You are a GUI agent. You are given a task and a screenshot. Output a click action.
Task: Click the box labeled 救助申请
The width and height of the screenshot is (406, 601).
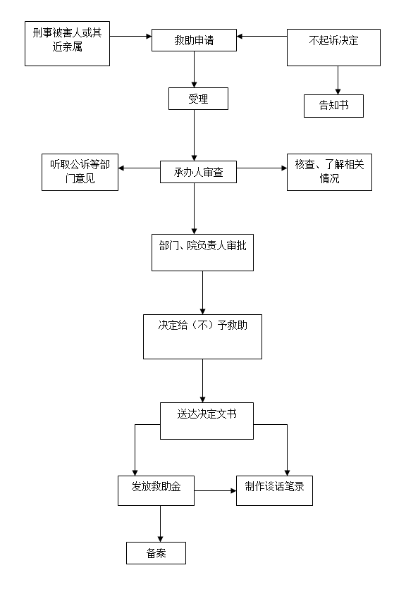194,40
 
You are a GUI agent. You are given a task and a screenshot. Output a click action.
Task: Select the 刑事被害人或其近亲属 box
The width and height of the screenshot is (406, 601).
67,44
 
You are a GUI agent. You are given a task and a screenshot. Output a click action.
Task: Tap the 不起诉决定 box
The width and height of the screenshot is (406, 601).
333,47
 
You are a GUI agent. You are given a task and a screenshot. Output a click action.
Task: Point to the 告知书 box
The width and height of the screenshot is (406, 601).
333,106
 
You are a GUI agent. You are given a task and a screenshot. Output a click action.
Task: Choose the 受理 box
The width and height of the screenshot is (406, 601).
198,99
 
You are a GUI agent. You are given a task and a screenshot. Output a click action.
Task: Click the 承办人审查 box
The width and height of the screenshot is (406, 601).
198,172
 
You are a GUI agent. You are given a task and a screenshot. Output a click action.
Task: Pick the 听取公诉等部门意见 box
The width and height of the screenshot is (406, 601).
80,172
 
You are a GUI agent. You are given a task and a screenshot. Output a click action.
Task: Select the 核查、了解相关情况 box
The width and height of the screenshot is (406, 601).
329,172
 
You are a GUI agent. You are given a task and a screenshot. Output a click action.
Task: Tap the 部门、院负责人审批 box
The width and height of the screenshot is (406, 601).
202,252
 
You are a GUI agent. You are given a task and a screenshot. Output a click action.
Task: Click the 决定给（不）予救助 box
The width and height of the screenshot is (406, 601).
202,337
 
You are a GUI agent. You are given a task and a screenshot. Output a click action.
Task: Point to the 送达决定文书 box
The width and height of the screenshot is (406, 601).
207,421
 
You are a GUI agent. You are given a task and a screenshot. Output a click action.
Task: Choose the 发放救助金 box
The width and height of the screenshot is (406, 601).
156,490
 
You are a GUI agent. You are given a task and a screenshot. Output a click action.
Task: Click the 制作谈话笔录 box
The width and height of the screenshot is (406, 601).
274,490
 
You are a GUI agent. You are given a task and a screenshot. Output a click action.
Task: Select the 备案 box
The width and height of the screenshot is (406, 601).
156,553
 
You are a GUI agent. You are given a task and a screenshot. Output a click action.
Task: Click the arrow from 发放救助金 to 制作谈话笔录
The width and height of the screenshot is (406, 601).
216,490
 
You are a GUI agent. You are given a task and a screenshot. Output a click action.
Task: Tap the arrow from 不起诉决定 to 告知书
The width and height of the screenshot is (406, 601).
338,80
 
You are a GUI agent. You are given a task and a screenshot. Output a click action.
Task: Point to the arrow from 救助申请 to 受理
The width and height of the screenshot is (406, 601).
194,69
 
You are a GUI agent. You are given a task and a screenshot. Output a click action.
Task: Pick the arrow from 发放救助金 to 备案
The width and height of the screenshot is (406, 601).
160,524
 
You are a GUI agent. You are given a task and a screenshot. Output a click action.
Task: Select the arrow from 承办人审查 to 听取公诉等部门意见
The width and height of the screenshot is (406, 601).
139,168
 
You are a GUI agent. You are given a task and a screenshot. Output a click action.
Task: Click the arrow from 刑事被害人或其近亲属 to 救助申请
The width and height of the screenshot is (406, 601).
130,37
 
